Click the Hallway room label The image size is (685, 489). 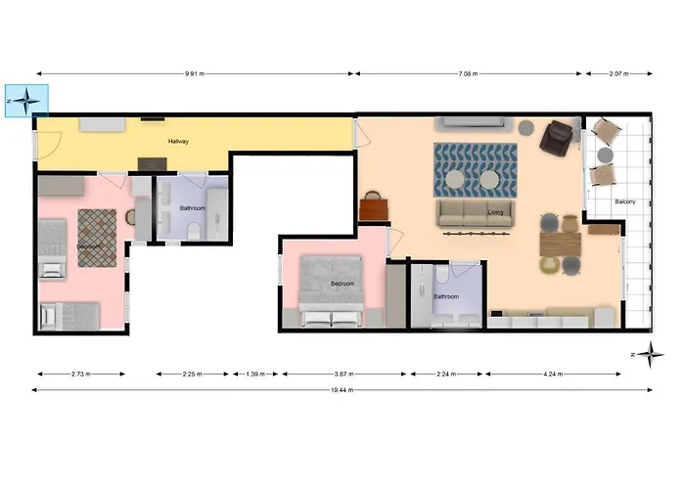click(178, 142)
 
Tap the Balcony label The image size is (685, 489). click(625, 202)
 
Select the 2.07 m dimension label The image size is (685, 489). click(618, 73)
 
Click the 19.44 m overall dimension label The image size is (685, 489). click(342, 390)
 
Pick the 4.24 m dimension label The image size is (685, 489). click(552, 374)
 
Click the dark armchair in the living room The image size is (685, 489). click(559, 138)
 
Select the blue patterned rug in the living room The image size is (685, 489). click(475, 167)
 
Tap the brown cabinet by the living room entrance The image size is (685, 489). click(373, 206)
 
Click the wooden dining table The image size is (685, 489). click(560, 243)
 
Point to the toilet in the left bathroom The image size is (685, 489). click(195, 230)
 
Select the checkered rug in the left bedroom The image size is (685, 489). click(97, 236)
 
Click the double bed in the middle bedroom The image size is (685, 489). click(330, 290)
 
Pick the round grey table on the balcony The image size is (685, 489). click(604, 155)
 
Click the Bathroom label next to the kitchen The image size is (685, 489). click(446, 296)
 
